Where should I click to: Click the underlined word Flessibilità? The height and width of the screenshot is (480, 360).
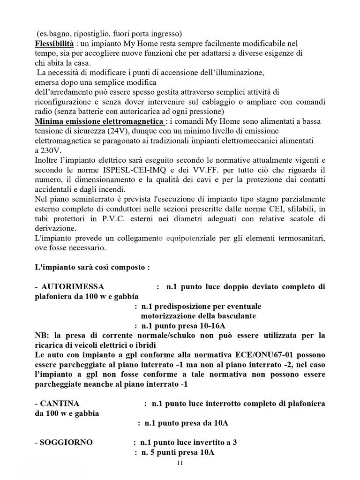(54, 44)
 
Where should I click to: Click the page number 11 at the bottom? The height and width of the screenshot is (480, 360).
(180, 463)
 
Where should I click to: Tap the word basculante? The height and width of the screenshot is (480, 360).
(232, 316)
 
